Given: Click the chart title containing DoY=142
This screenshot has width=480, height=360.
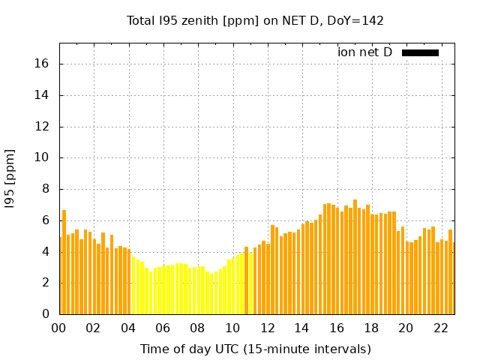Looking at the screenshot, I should pyautogui.click(x=255, y=21).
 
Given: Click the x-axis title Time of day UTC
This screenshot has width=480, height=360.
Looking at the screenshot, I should pyautogui.click(x=255, y=349).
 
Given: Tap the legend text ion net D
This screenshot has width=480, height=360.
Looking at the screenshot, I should pyautogui.click(x=364, y=52).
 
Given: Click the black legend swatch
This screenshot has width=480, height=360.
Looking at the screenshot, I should pyautogui.click(x=420, y=52).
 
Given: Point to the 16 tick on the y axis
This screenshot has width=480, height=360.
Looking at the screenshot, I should pyautogui.click(x=43, y=64).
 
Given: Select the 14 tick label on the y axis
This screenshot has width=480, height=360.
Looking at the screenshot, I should pyautogui.click(x=43, y=95).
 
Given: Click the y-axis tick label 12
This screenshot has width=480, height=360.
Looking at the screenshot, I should pyautogui.click(x=43, y=127).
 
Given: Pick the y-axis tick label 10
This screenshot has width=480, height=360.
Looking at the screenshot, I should pyautogui.click(x=43, y=157).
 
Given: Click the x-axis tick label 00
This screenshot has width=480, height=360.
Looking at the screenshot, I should pyautogui.click(x=59, y=328).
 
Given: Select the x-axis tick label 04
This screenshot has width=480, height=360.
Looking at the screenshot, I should pyautogui.click(x=128, y=328).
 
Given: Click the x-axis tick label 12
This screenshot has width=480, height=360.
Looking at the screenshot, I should pyautogui.click(x=267, y=328).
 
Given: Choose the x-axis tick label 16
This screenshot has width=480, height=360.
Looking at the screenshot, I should pyautogui.click(x=337, y=328).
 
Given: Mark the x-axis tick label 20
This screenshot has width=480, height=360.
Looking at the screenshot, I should pyautogui.click(x=406, y=328).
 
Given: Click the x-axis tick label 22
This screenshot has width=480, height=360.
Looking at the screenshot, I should pyautogui.click(x=440, y=328).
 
